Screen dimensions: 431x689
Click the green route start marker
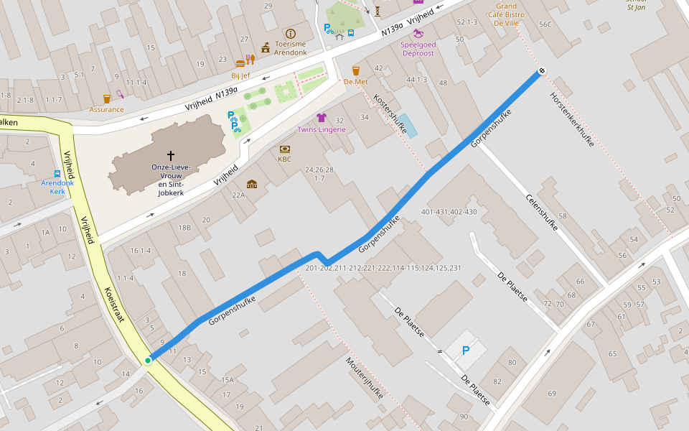click(x=149, y=360)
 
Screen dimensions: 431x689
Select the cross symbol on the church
click(x=171, y=155)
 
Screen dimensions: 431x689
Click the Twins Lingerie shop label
click(x=322, y=129)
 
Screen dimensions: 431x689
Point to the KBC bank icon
click(x=284, y=149)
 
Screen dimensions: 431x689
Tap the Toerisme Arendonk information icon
click(x=291, y=34)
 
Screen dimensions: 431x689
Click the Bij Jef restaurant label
click(x=240, y=75)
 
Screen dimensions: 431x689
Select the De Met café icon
click(x=355, y=70)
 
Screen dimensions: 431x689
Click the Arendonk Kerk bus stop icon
click(x=57, y=174)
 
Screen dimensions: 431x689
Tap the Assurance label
click(x=106, y=109)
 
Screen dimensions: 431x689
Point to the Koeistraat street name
click(x=114, y=305)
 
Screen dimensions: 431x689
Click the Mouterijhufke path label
click(x=365, y=379)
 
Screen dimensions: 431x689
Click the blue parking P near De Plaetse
click(x=466, y=351)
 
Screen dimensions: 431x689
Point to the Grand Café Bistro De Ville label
click(x=506, y=15)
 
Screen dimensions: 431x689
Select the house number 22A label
click(x=238, y=195)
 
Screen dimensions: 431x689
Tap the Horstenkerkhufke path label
click(x=572, y=120)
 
